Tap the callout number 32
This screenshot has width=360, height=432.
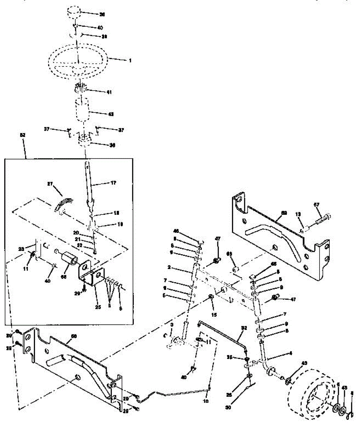pyautogui.click(x=244, y=328)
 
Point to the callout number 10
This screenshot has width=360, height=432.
pyautogui.click(x=205, y=400)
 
